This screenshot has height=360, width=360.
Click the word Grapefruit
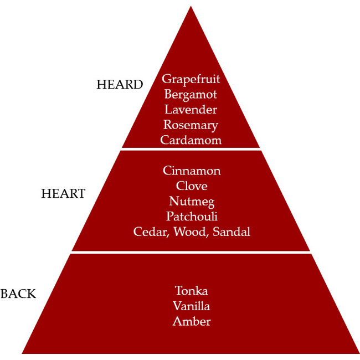(191, 79)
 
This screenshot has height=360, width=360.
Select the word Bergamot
(191, 95)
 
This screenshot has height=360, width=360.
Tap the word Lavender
(191, 110)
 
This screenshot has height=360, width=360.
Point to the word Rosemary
(191, 125)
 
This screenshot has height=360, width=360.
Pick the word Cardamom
(191, 140)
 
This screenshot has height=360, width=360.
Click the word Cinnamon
(192, 171)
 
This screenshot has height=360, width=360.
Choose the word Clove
(192, 186)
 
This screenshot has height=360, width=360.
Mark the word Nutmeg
(192, 201)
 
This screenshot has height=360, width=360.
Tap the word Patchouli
(192, 216)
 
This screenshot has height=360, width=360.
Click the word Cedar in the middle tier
(151, 232)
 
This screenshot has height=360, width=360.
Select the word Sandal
(232, 232)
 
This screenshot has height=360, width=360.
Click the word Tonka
(192, 291)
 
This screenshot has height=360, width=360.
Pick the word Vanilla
(192, 306)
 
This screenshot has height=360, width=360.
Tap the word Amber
(192, 321)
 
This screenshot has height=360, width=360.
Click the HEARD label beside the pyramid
(120, 85)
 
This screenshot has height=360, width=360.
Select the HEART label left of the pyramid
(63, 194)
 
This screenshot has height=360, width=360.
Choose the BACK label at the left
(18, 294)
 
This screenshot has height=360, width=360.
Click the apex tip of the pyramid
(191, 7)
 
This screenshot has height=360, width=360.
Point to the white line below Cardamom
(191, 150)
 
